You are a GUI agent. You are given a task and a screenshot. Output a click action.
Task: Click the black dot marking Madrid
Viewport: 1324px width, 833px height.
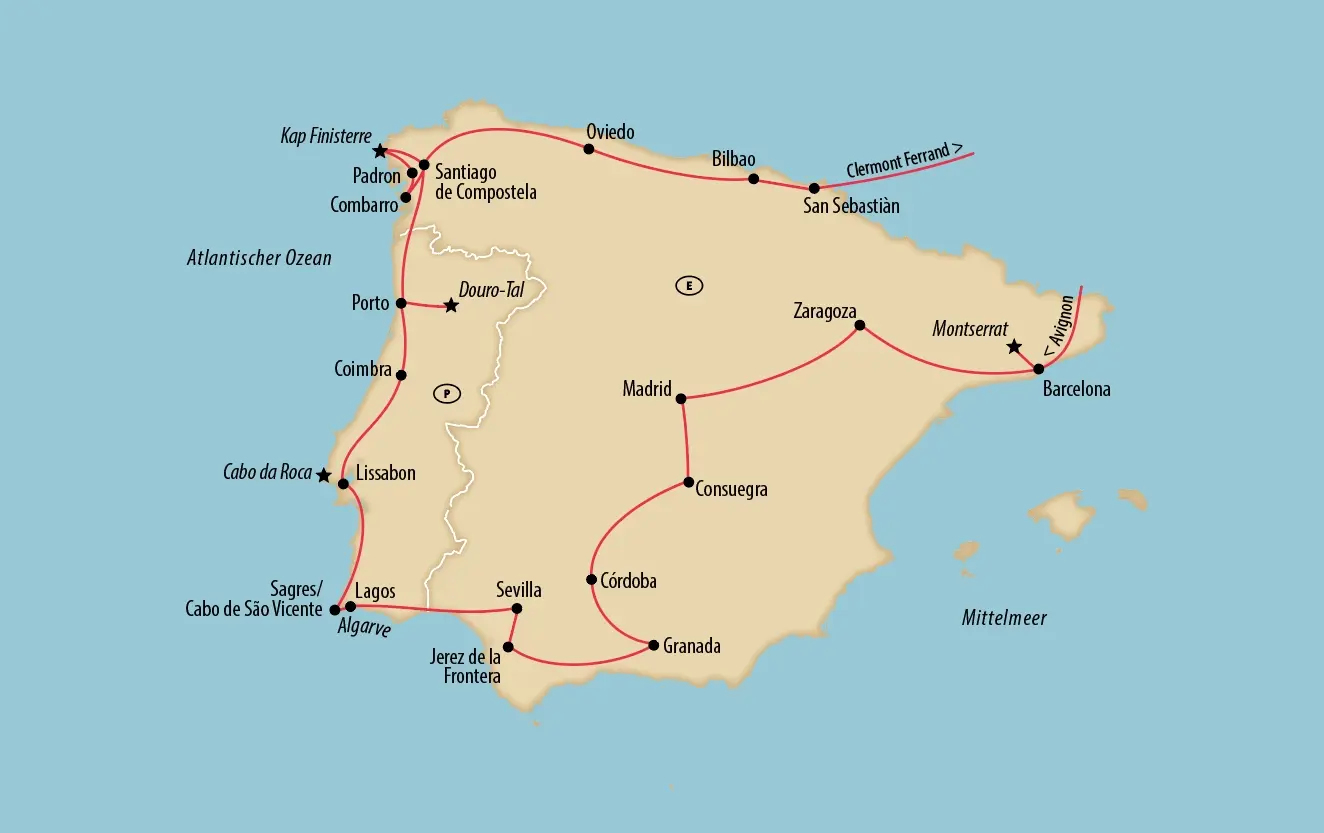pos(681,399)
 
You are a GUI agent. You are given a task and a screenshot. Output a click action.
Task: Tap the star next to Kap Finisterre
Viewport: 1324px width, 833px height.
pos(380,151)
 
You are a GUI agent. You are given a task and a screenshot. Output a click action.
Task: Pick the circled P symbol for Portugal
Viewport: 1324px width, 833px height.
pos(446,393)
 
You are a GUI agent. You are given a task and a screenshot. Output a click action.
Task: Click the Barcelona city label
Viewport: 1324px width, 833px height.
pos(1076,390)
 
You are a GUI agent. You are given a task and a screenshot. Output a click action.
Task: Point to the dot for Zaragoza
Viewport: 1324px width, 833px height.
pos(860,325)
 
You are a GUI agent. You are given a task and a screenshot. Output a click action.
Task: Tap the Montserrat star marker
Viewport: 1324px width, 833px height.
pos(1014,347)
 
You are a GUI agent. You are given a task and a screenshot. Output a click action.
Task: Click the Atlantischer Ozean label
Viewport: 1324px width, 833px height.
pos(259,258)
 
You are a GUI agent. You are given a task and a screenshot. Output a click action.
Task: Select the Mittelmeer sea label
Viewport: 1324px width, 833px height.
pos(1004,618)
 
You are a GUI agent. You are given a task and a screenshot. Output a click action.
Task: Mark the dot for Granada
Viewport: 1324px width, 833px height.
pos(654,645)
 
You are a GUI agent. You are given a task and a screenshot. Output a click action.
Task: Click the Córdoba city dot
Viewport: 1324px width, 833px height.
pos(592,580)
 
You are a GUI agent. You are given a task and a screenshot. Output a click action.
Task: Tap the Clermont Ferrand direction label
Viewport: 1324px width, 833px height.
pos(904,161)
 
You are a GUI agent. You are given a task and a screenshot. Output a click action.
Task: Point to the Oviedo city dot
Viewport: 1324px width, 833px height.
pos(589,149)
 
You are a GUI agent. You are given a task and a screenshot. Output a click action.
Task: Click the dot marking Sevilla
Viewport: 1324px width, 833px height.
pos(517,608)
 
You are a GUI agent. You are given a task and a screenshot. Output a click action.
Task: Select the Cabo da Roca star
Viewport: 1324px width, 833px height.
pos(323,475)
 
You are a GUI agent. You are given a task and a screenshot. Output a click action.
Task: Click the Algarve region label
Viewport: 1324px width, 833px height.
pos(364,630)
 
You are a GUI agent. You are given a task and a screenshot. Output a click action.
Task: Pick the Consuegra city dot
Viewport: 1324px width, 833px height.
pos(689,483)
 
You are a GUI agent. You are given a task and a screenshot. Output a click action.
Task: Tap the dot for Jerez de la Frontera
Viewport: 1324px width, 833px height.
pos(508,647)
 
